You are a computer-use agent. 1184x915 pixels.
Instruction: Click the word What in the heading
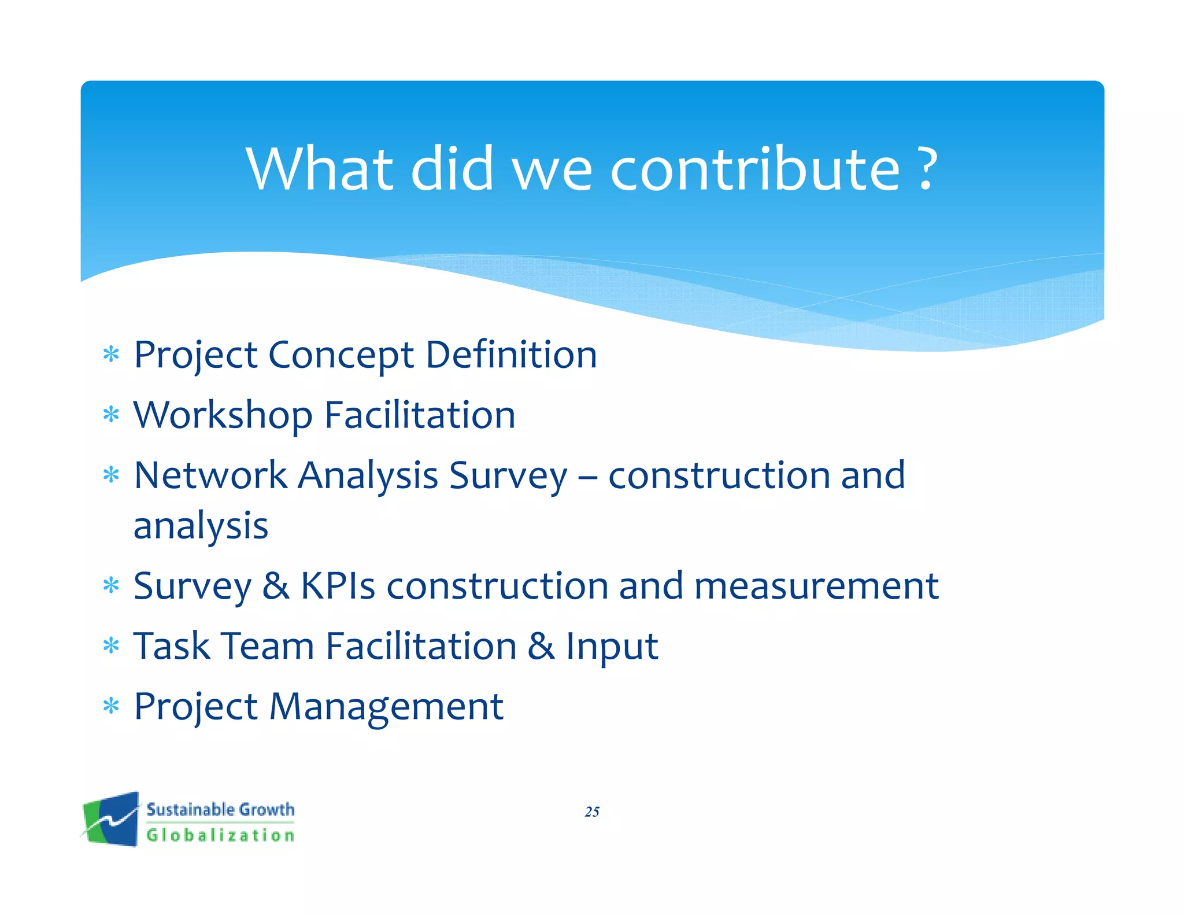pos(320,169)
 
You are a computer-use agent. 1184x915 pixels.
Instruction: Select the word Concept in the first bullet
pos(341,355)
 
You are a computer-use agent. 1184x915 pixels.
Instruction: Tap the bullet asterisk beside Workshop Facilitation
pos(110,415)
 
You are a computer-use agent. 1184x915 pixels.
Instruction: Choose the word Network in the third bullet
pos(210,475)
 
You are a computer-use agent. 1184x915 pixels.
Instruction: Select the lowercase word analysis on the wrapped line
pos(201,526)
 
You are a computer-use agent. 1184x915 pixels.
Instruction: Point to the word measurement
pos(816,586)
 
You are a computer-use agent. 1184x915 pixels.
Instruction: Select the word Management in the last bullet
pos(386,707)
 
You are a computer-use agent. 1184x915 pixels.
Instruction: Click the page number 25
pos(592,812)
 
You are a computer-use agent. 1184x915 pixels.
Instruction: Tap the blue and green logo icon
pos(111,819)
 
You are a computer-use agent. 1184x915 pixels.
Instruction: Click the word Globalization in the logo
pos(220,835)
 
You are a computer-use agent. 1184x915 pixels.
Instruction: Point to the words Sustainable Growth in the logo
pos(220,809)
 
